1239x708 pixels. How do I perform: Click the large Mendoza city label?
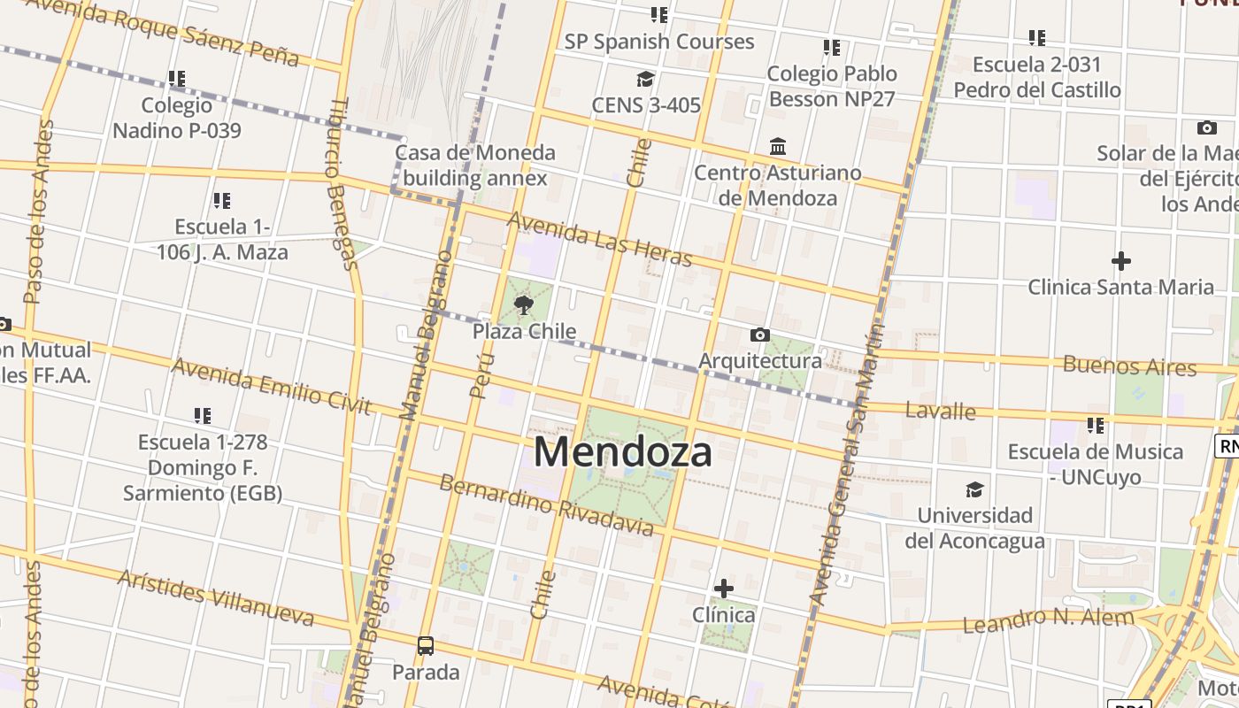[622, 451]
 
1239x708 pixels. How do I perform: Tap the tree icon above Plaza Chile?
[524, 306]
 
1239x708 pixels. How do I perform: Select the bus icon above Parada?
[426, 646]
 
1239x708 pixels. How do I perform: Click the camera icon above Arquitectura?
[759, 335]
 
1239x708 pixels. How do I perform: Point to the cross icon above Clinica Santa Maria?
[1120, 261]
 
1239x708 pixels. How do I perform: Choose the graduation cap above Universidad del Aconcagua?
[974, 489]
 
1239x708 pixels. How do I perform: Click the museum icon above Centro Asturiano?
[778, 146]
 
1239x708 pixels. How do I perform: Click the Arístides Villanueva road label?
[216, 597]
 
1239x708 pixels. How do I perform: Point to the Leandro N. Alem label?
[1048, 620]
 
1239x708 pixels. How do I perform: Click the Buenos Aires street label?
[1129, 365]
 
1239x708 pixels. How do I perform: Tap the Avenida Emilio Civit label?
[271, 385]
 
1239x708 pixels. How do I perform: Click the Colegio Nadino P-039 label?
[177, 118]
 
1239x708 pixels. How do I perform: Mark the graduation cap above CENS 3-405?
[645, 80]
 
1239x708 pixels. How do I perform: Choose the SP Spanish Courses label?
[659, 42]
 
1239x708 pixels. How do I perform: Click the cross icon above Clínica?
[724, 589]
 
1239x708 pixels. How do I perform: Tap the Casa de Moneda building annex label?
[475, 165]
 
